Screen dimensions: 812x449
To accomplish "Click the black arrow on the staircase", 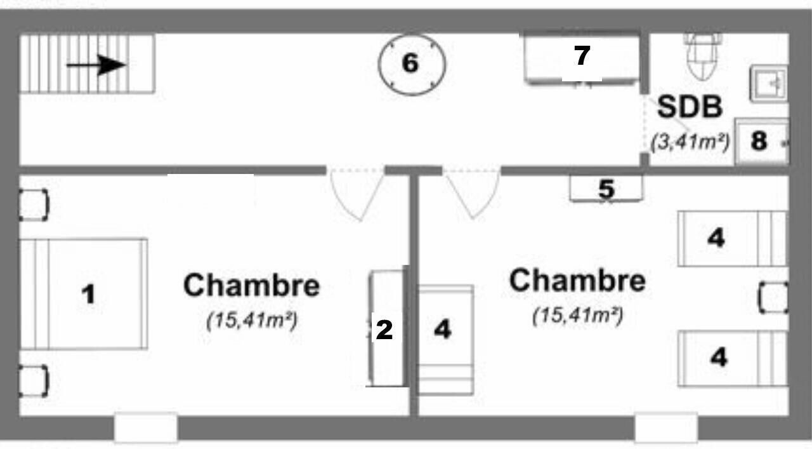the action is (x=96, y=65).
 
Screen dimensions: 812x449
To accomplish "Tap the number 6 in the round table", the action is (x=410, y=63).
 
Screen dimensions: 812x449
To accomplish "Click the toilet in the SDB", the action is (x=703, y=57).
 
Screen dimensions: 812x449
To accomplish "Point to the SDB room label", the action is (x=690, y=107).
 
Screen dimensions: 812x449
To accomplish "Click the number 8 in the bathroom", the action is (x=759, y=140).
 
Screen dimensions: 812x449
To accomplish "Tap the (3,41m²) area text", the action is (x=690, y=142).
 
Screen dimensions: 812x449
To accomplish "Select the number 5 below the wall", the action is (x=606, y=189).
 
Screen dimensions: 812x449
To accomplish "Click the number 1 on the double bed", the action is (x=88, y=294).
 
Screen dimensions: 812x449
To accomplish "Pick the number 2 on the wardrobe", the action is (x=384, y=330).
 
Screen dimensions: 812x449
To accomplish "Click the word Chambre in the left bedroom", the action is (x=252, y=285).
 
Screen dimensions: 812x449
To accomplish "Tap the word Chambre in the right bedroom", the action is (x=577, y=280).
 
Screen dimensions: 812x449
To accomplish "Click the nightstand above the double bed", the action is (x=34, y=205).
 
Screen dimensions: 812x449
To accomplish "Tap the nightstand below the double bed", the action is (x=34, y=381).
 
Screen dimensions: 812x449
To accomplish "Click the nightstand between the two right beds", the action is (x=773, y=298).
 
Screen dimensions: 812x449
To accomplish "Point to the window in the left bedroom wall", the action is (x=146, y=428).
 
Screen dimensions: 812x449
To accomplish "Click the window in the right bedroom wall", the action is (x=666, y=428).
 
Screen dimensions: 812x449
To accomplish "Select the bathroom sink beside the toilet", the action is (x=768, y=83).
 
